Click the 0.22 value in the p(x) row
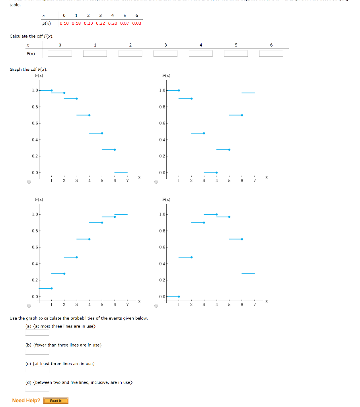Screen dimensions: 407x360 tap(100, 23)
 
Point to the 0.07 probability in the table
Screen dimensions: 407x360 tap(125, 23)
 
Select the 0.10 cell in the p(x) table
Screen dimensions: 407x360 tap(64, 23)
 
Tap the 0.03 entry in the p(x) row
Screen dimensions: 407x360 tap(136, 23)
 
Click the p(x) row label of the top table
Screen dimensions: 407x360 tap(47, 23)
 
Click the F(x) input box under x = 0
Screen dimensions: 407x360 tap(60, 54)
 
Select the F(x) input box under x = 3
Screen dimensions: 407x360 tap(165, 54)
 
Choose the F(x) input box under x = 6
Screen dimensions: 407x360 tap(271, 54)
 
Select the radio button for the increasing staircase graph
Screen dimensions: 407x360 tap(29, 306)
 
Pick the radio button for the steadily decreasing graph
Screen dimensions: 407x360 tap(29, 182)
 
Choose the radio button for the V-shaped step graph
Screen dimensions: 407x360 tap(156, 182)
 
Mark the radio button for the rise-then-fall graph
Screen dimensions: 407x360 tap(156, 306)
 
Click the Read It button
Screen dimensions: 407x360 tap(56, 401)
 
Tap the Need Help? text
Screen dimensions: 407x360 tap(26, 401)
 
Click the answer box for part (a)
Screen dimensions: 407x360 tap(37, 333)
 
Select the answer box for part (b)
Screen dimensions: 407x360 tap(37, 351)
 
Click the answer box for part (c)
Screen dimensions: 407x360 tap(37, 370)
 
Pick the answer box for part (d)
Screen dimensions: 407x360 tap(37, 389)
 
